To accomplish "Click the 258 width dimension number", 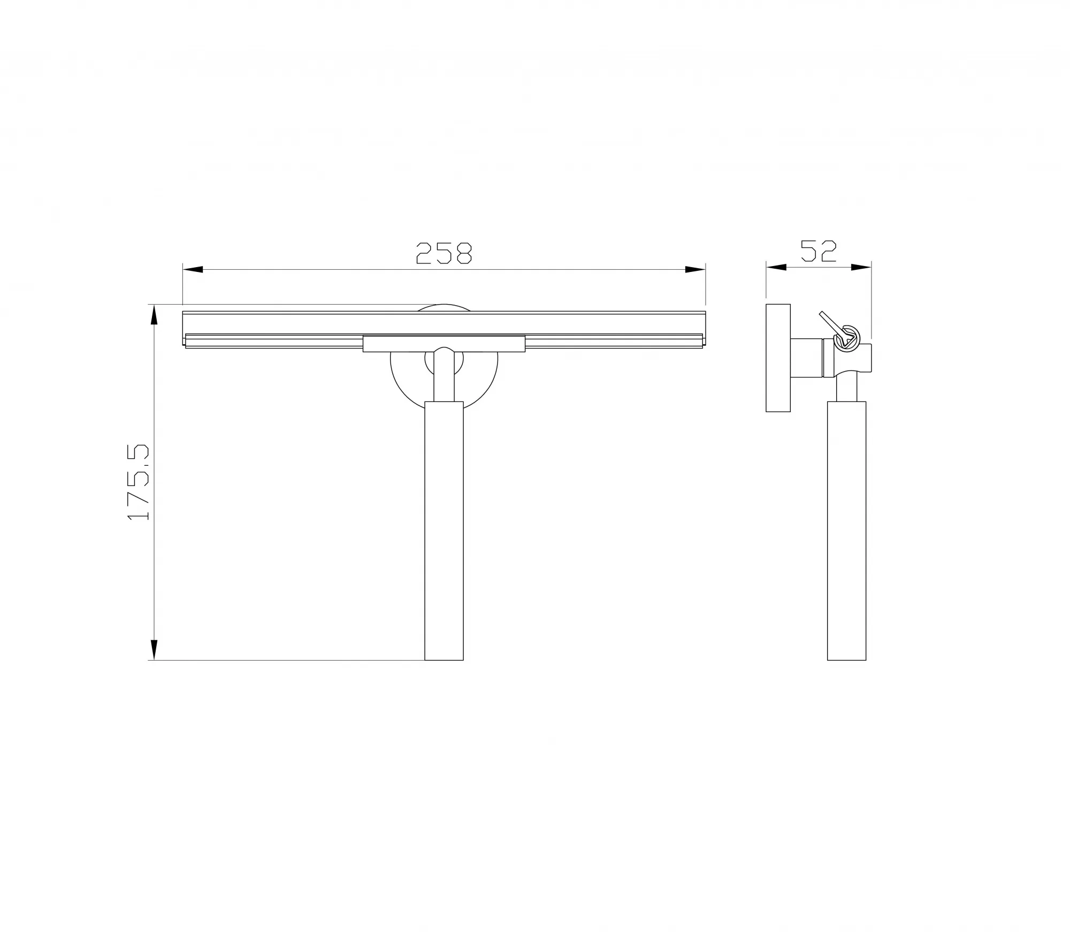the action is (444, 253).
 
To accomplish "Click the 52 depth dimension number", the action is (818, 251).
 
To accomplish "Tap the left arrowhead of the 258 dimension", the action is (193, 270).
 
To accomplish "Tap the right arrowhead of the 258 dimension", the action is (695, 270).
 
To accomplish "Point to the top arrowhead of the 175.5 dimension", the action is (155, 315).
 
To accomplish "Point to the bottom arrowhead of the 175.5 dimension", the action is (155, 650).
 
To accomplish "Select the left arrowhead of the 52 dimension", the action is (776, 267).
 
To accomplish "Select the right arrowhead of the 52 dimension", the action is (861, 267).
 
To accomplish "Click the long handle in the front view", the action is (444, 531).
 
